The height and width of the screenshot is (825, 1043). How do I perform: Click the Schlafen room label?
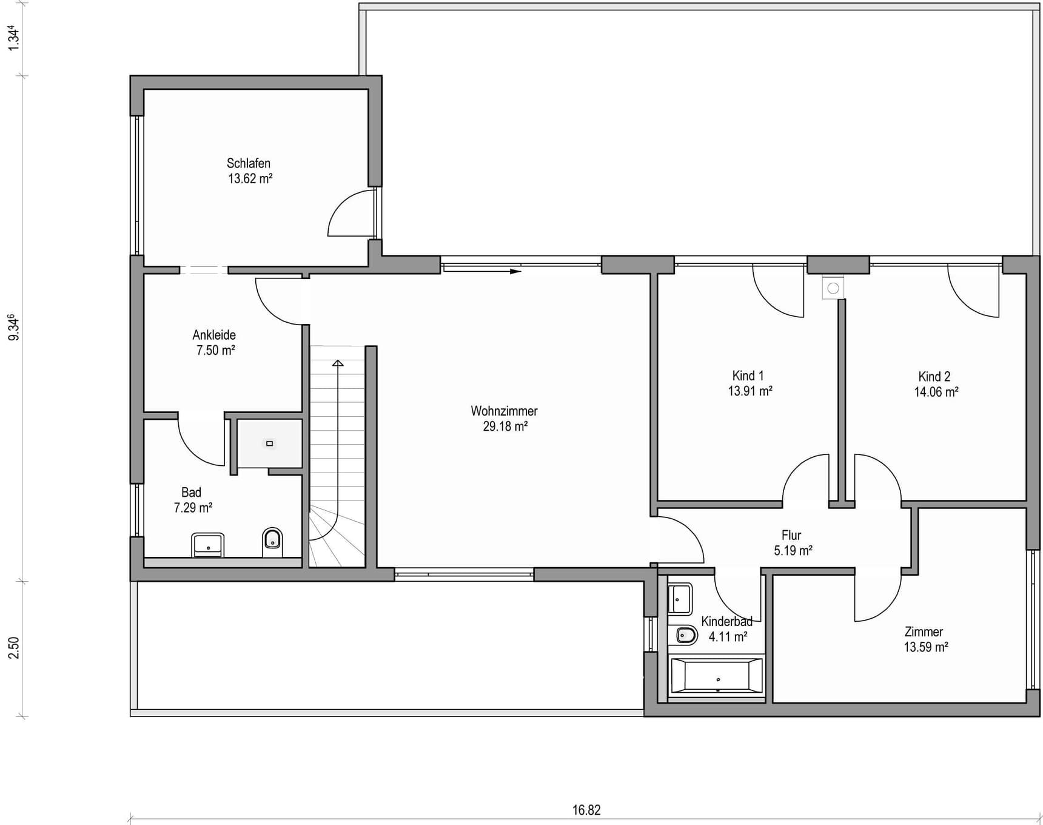[x=249, y=163]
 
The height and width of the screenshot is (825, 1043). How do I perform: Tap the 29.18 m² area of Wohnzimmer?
[x=505, y=426]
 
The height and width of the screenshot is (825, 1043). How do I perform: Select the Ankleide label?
[x=214, y=335]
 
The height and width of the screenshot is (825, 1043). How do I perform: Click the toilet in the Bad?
[x=272, y=542]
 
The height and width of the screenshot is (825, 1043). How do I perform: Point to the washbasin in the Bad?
[x=208, y=545]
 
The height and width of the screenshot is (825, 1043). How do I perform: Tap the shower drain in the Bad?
[x=270, y=443]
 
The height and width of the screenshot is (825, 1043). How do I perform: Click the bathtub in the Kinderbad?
[x=716, y=676]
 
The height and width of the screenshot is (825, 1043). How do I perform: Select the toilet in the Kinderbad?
[x=686, y=635]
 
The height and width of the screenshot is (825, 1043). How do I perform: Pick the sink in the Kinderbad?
[x=680, y=599]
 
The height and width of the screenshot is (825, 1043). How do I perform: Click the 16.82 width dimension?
[x=586, y=810]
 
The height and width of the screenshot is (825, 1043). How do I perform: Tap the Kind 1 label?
[x=748, y=376]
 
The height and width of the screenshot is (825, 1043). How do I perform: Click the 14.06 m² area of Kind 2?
[x=936, y=392]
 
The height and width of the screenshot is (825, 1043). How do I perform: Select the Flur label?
[x=791, y=535]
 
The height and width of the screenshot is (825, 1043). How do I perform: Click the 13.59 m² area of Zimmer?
[x=926, y=647]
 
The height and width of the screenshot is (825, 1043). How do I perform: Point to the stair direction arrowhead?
[x=338, y=363]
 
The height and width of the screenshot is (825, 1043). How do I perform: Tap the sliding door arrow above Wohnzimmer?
[x=482, y=271]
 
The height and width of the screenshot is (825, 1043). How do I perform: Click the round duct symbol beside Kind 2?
[x=833, y=288]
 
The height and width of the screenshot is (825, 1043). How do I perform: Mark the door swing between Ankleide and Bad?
[x=201, y=442]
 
